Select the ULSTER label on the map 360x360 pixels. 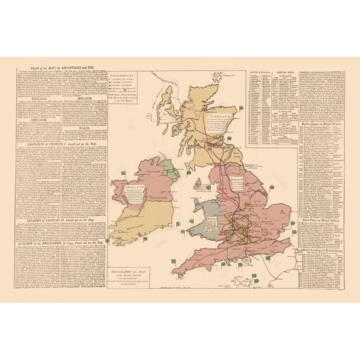pos(150,171)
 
